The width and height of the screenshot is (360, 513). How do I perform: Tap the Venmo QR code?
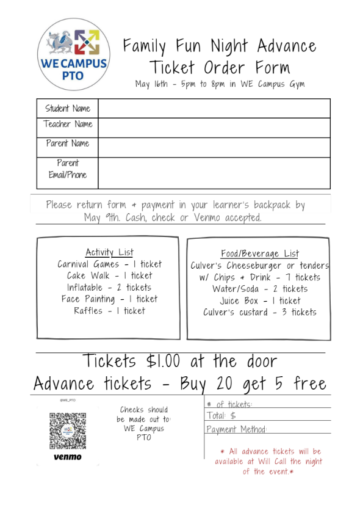coord(67,431)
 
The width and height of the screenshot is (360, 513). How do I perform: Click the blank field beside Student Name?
coord(214,109)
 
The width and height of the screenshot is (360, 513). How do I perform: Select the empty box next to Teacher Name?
coord(214,127)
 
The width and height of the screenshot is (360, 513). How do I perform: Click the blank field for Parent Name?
coord(214,147)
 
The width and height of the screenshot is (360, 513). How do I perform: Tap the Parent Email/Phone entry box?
coord(214,173)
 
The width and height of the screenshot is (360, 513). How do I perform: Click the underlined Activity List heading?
coord(109,252)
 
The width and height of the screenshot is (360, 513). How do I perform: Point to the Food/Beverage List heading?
coord(260,253)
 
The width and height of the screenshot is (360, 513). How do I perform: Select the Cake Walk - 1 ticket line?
coord(109,275)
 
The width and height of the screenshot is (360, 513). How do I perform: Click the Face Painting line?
coord(109,299)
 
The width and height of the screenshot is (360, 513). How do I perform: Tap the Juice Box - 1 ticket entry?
coord(260,300)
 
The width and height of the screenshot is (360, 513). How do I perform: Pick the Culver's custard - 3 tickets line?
coord(260,312)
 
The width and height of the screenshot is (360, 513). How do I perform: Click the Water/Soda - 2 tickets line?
coord(260,289)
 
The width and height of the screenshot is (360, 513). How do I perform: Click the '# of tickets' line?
coord(268,404)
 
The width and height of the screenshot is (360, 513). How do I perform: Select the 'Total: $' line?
coord(268,416)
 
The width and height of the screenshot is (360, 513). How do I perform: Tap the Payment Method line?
coord(268,429)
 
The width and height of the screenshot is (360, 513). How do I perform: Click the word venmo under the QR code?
coord(67,457)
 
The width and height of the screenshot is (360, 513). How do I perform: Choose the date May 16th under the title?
coord(151,84)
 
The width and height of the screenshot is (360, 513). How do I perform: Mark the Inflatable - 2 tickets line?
coord(109,287)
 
